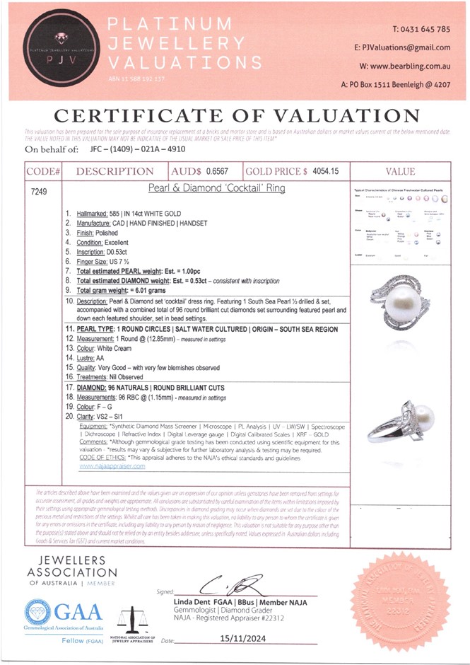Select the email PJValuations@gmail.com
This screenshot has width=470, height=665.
coord(406,47)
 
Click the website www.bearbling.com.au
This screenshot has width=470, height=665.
coord(409,66)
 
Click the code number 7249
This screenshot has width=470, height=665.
coord(40,191)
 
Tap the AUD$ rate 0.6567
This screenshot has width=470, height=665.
coord(218,171)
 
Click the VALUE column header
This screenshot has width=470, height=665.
coord(399,171)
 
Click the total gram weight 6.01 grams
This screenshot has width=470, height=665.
coord(151,290)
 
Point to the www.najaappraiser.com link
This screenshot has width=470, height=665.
coord(112,466)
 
